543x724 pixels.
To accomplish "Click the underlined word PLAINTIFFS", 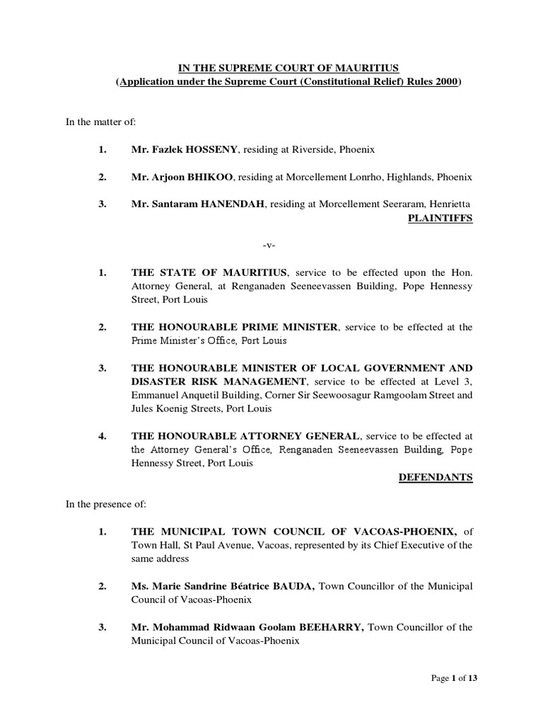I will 440,218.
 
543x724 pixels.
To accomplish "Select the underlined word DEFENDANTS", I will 436,477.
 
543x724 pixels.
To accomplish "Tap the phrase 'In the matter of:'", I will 93,124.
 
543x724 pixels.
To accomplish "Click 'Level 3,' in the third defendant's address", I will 456,382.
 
